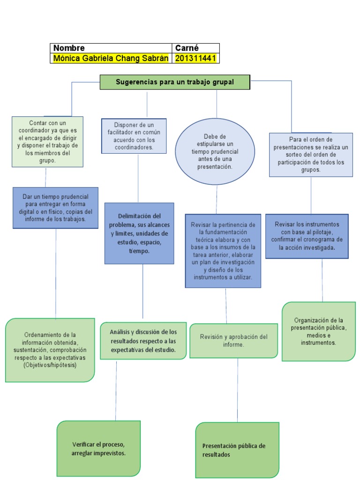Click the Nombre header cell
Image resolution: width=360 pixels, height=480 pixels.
click(111, 48)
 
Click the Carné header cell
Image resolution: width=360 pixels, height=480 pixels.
click(195, 48)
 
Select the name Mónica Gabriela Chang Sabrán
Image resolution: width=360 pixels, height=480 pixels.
click(111, 58)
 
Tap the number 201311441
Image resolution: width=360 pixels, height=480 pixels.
click(195, 58)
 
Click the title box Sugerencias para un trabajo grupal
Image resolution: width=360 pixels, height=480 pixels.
click(175, 82)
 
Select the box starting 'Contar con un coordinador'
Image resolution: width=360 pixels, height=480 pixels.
click(47, 142)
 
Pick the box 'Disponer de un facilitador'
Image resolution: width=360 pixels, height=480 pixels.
click(134, 136)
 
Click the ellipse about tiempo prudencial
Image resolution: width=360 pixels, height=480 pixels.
click(215, 151)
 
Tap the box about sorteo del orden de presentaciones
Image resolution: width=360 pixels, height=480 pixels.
click(311, 155)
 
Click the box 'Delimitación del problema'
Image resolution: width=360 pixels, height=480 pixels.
click(139, 233)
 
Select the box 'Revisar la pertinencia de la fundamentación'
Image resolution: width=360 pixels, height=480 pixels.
click(223, 251)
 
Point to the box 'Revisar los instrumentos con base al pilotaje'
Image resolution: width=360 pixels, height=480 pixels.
click(307, 236)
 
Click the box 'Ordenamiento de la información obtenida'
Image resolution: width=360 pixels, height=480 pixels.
click(50, 350)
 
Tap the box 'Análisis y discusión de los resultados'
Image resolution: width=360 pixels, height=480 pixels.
click(143, 341)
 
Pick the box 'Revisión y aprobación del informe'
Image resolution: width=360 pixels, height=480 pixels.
click(233, 341)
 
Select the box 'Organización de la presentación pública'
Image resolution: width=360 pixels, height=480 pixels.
click(319, 331)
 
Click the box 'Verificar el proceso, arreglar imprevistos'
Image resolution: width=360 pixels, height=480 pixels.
click(98, 449)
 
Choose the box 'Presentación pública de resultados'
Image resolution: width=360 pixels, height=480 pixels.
click(237, 450)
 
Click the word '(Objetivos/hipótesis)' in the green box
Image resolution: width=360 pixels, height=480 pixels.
click(50, 365)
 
